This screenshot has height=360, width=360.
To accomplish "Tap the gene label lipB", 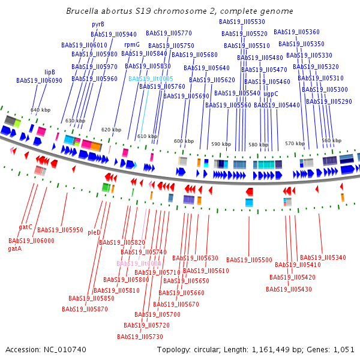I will coord(50,72).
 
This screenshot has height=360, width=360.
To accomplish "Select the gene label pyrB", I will coord(98,24).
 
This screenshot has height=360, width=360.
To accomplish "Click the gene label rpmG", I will coord(131,44).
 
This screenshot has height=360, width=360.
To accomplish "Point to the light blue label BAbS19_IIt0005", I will coord(151,79).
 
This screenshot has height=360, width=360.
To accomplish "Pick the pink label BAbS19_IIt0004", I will coord(139,263).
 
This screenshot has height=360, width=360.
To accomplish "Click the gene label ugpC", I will coord(271,94).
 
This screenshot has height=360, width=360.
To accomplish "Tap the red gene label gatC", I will coord(25,227).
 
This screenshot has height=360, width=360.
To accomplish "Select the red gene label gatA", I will coord(14,248).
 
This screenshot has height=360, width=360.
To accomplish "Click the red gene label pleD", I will coord(94,232).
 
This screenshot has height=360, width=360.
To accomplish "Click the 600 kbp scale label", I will coord(184,142).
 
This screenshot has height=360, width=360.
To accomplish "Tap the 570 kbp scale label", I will coord(294,143).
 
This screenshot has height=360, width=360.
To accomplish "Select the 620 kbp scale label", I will coord(110,130).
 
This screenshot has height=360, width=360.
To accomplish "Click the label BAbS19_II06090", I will coord(39,80).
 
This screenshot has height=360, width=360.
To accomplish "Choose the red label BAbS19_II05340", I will coord(323,257).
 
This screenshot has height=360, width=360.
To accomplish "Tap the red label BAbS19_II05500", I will coord(249,260).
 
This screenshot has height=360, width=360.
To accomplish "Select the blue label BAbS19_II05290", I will coord(329,101).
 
